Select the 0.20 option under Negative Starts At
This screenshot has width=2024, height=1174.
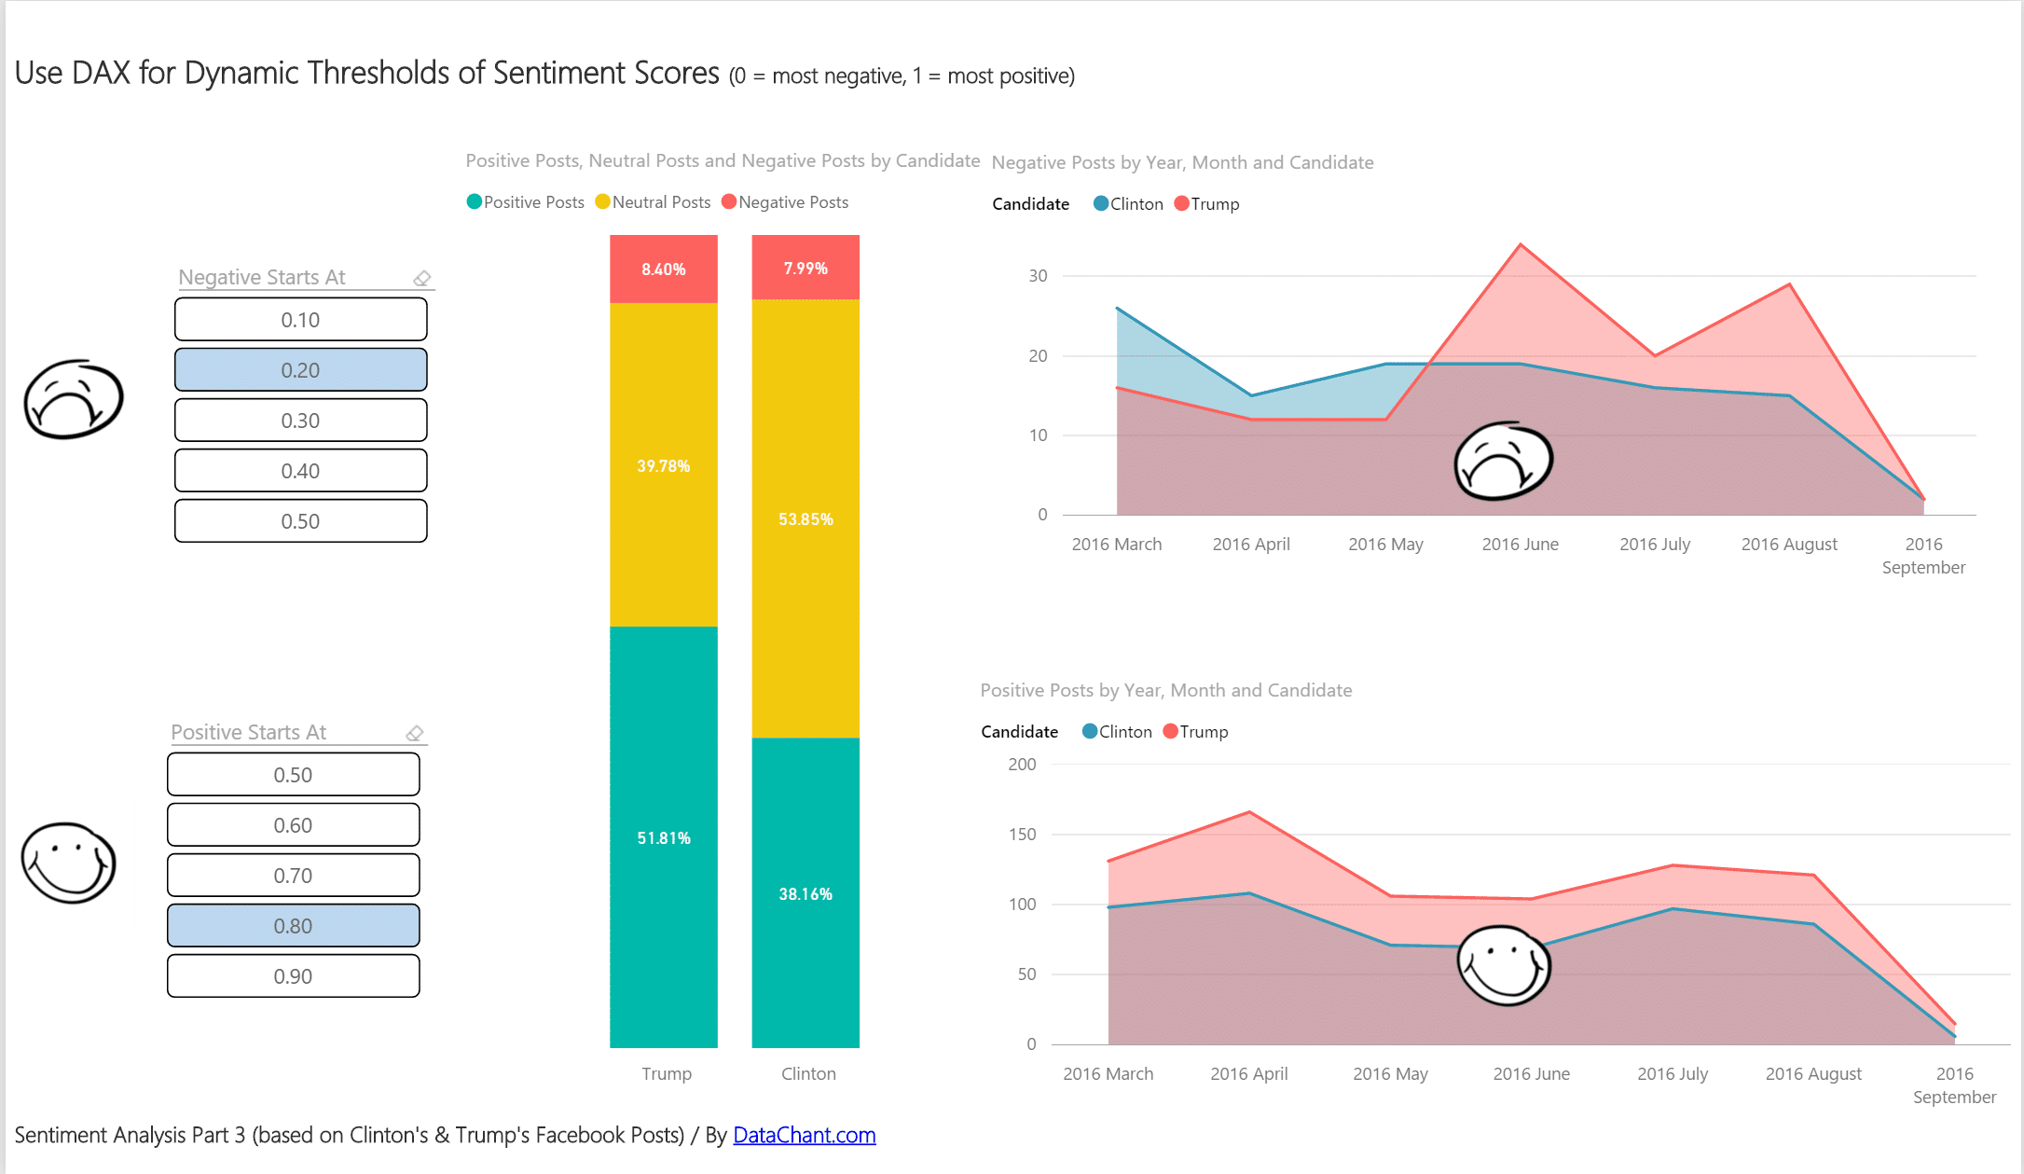pyautogui.click(x=300, y=370)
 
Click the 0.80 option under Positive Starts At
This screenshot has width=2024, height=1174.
pyautogui.click(x=293, y=926)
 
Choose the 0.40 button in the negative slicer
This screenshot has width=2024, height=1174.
pyautogui.click(x=300, y=471)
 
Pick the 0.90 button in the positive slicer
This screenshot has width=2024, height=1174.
pyautogui.click(x=293, y=976)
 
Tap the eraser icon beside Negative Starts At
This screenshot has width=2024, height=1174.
pyautogui.click(x=422, y=278)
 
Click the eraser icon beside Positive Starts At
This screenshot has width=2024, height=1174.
pyautogui.click(x=415, y=733)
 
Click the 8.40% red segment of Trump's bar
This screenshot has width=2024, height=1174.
pyautogui.click(x=664, y=269)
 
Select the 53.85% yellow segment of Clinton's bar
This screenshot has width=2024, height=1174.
pyautogui.click(x=805, y=518)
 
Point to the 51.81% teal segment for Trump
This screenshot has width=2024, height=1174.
pyautogui.click(x=664, y=837)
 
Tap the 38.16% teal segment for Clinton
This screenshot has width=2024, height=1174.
pyautogui.click(x=805, y=893)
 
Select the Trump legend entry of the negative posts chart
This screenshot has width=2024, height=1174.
pyautogui.click(x=1207, y=204)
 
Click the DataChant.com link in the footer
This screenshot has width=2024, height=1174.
pyautogui.click(x=804, y=1135)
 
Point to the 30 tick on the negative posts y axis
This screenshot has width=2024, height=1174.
pyautogui.click(x=1038, y=276)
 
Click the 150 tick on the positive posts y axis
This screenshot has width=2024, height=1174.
pyautogui.click(x=1023, y=835)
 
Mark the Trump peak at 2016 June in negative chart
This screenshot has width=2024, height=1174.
pyautogui.click(x=1521, y=245)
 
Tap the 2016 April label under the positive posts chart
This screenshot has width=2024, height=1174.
pyautogui.click(x=1248, y=1073)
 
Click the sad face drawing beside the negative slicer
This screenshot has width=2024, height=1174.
pyautogui.click(x=73, y=399)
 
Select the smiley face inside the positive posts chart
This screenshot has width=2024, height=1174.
pyautogui.click(x=1503, y=965)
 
